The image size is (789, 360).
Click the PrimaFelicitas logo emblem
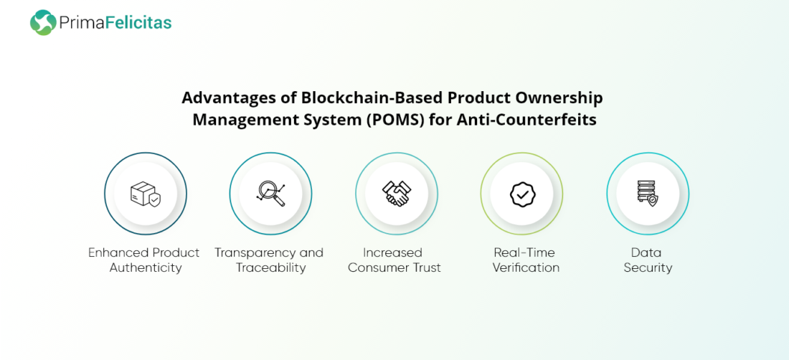click(43, 23)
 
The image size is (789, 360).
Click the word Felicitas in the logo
click(138, 23)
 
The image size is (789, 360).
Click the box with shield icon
click(146, 194)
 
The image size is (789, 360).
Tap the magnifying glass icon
click(270, 193)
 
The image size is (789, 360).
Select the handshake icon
click(396, 194)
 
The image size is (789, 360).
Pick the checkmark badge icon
click(521, 194)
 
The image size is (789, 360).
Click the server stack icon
click(647, 194)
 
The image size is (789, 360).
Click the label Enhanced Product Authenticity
click(144, 260)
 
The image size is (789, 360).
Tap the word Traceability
click(270, 267)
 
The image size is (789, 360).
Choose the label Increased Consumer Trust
click(394, 260)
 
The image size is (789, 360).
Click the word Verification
click(526, 267)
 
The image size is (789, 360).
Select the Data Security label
click(648, 260)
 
